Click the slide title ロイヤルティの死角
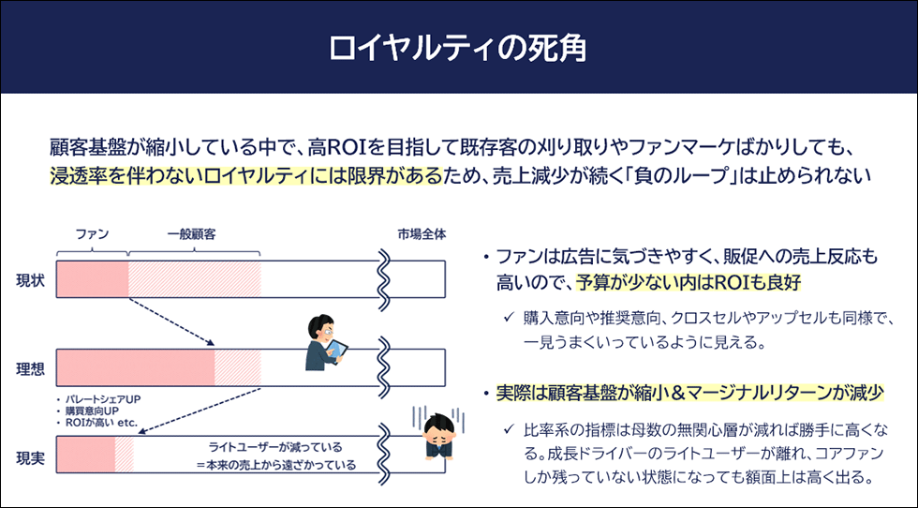click(458, 48)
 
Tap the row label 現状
click(30, 280)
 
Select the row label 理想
click(30, 369)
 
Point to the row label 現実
click(30, 457)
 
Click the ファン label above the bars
click(93, 234)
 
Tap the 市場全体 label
click(422, 234)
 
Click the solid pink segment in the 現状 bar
click(93, 279)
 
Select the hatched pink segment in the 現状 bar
click(195, 279)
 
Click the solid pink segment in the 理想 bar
click(136, 368)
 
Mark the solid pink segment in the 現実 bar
click(85, 454)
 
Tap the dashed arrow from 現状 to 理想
click(171, 321)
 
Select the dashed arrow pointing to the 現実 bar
click(199, 411)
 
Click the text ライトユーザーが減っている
click(275, 448)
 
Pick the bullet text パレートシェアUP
click(103, 399)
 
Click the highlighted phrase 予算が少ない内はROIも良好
click(688, 283)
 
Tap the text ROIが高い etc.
click(101, 423)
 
